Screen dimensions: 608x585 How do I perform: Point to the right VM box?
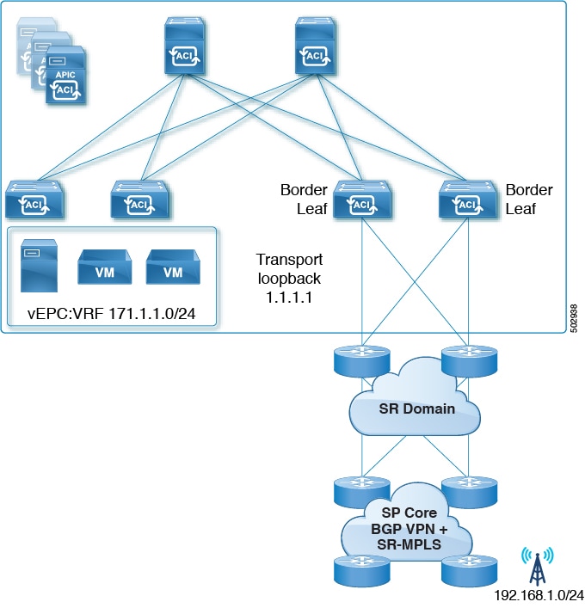pos(173,270)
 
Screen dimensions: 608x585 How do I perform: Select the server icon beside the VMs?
pos(39,266)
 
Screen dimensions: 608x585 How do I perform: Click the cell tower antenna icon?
pos(539,563)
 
